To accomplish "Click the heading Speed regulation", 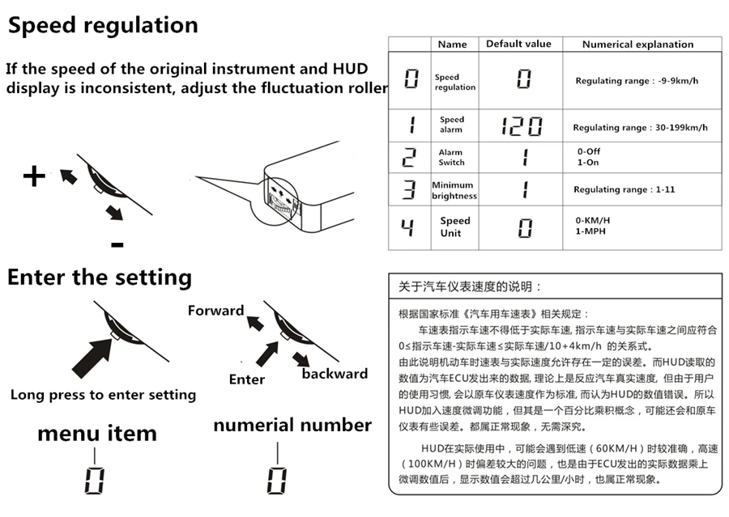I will coord(103,25).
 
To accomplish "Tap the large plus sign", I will coord(33,176).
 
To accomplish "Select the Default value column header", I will coord(518,44).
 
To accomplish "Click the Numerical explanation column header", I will coord(637,44).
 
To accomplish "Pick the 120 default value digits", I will coord(521,126).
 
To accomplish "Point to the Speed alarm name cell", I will coord(452,125).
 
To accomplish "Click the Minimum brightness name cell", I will coord(454,190).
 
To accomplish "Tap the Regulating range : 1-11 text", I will coord(624,189).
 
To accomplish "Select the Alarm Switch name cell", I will coord(451,157).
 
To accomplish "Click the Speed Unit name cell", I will coord(454,227).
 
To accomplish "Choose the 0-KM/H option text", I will coord(593,220).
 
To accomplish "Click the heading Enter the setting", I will coord(100,278).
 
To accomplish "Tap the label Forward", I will coord(215,311).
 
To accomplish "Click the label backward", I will coord(335,374).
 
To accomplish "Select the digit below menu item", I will coord(95,480).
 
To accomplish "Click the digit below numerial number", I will coord(276,480).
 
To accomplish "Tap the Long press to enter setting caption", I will coord(103,395).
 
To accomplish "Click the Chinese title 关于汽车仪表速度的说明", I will coord(470,286).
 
